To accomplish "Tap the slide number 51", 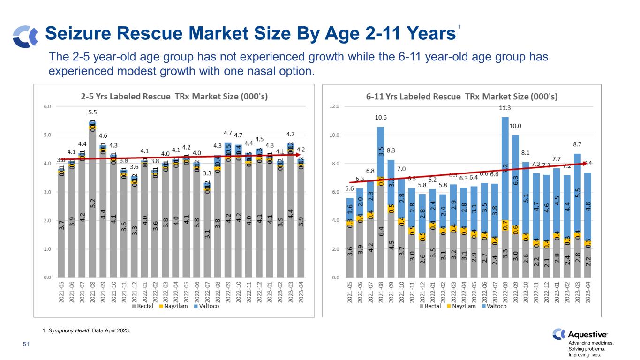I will [26, 345].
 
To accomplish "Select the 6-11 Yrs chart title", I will [462, 97].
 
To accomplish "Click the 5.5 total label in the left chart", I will [92, 112].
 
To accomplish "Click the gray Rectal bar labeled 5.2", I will [92, 203].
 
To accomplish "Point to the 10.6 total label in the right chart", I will [380, 118].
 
